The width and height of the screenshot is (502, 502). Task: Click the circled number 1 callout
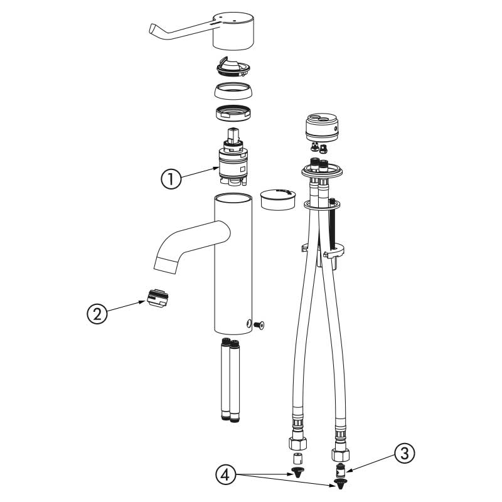[x=171, y=179]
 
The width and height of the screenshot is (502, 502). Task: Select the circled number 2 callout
[x=97, y=313]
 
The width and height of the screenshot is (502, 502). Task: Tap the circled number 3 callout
[x=405, y=453]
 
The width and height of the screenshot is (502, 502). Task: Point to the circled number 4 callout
[x=225, y=475]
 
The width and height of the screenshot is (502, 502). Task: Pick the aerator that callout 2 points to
[x=158, y=297]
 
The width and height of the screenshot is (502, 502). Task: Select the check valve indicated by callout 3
[x=340, y=469]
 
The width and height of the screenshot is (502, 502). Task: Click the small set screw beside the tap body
[x=259, y=325]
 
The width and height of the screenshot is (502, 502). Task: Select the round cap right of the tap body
[x=278, y=199]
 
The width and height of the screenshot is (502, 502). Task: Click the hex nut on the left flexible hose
[x=297, y=443]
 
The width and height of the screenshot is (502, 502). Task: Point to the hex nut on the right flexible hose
[x=340, y=454]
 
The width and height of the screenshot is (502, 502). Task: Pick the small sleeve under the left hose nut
[x=298, y=459]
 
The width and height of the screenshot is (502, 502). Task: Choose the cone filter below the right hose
[x=340, y=483]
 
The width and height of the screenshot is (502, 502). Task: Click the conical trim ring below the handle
[x=233, y=90]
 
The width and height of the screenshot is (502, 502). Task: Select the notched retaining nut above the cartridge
[x=233, y=113]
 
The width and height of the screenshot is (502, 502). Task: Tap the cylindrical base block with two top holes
[x=322, y=127]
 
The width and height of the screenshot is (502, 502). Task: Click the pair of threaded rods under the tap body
[x=230, y=380]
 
